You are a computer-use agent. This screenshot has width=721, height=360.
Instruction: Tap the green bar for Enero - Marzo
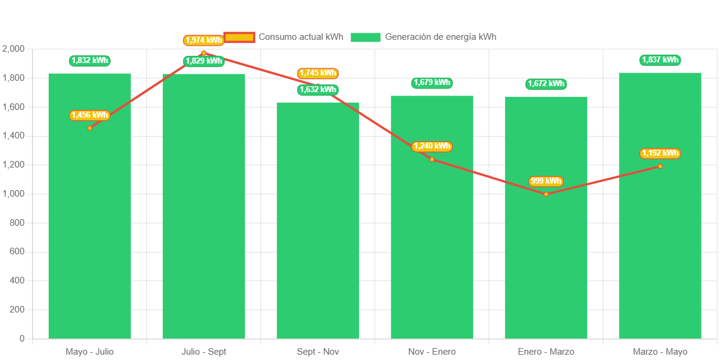click(546, 238)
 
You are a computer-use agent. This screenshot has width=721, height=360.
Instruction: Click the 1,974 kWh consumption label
click(203, 40)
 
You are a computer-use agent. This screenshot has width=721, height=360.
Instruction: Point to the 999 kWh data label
click(546, 181)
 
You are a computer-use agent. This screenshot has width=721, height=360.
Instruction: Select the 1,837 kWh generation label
click(660, 60)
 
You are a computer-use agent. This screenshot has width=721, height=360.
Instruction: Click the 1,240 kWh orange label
click(432, 146)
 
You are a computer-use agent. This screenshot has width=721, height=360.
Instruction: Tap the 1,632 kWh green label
click(318, 90)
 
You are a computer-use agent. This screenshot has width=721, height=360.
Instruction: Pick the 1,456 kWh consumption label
click(90, 115)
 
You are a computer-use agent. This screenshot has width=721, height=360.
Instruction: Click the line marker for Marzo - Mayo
click(660, 166)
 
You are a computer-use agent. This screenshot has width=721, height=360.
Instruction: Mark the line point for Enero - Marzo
click(546, 194)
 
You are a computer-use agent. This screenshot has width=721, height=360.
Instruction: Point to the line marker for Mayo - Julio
click(90, 128)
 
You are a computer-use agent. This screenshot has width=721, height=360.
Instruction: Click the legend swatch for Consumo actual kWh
click(239, 37)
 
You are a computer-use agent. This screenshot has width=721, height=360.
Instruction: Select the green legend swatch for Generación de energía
click(366, 37)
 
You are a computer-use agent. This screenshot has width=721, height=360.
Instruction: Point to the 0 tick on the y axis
click(22, 339)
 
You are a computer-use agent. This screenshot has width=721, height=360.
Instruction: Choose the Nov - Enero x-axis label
click(432, 352)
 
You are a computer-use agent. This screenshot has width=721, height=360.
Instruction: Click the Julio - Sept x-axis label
click(204, 352)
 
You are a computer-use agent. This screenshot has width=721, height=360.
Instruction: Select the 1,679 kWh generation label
click(432, 83)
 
